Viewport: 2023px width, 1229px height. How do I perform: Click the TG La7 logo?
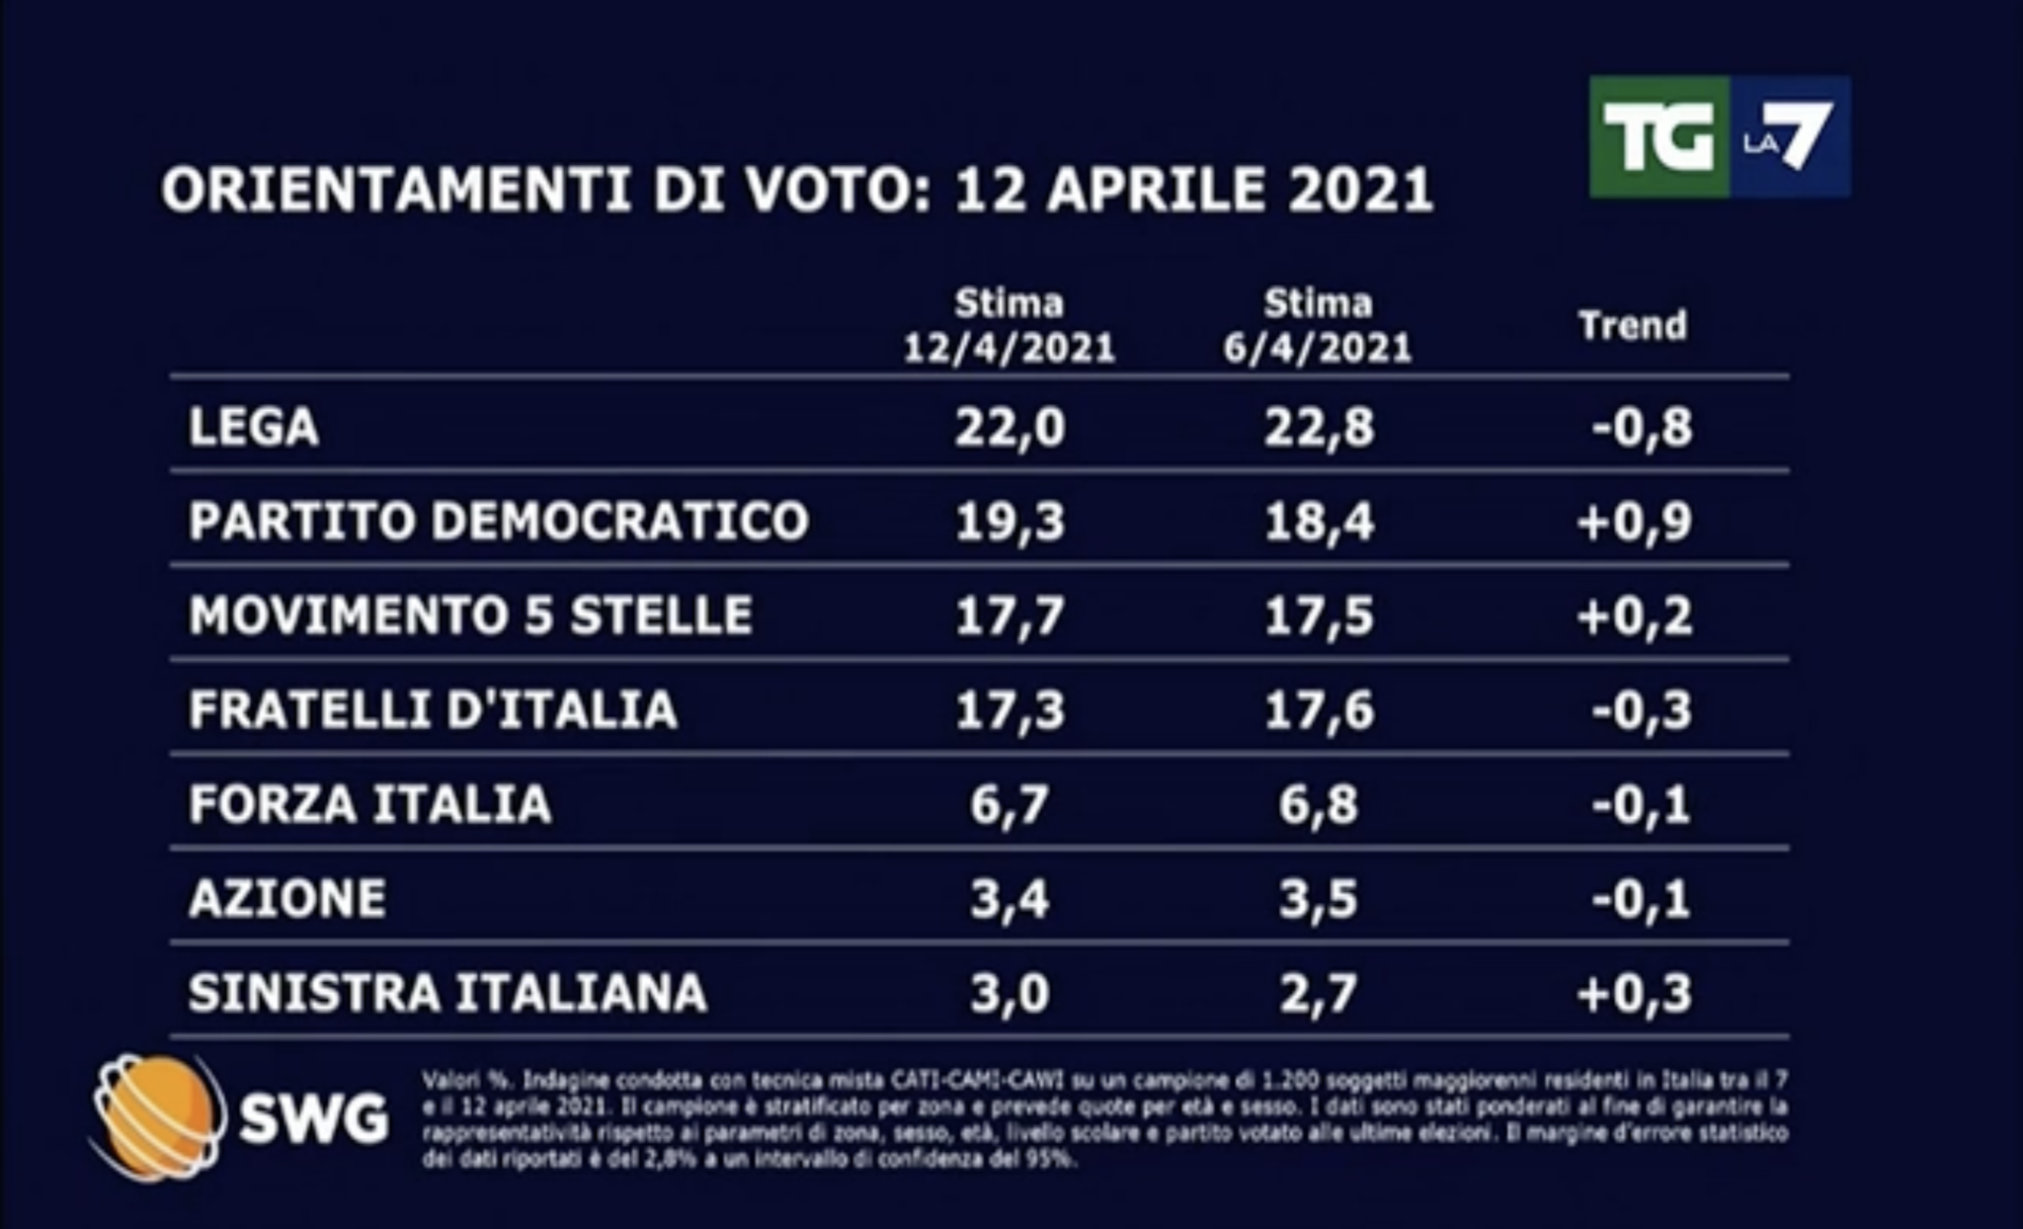[x=1719, y=137]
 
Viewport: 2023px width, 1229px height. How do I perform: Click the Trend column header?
[x=1632, y=325]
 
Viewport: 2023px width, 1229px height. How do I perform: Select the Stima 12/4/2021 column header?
[x=1009, y=326]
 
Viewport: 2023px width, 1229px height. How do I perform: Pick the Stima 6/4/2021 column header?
[x=1318, y=326]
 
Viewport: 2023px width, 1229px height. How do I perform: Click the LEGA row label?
[x=254, y=428]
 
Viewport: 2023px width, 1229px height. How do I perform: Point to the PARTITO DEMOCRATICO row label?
[x=499, y=521]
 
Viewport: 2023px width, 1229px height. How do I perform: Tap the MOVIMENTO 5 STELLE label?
[x=470, y=614]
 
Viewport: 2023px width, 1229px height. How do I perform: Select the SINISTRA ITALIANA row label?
[x=447, y=993]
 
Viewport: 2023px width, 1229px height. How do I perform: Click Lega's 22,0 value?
[x=1010, y=428]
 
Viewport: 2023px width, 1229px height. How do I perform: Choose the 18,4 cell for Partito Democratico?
[x=1319, y=521]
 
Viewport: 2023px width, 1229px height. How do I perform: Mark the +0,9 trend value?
[x=1634, y=521]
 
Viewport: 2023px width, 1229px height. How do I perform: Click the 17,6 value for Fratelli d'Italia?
[x=1319, y=709]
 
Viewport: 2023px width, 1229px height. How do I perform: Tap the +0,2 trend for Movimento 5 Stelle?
[x=1634, y=615]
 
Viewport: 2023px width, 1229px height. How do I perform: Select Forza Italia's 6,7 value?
[x=1009, y=804]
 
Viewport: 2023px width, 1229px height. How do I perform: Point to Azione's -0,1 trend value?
[x=1641, y=899]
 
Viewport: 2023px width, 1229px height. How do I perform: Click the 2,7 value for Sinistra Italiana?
[x=1318, y=993]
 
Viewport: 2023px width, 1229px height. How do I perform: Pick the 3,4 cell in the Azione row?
[x=1009, y=899]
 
